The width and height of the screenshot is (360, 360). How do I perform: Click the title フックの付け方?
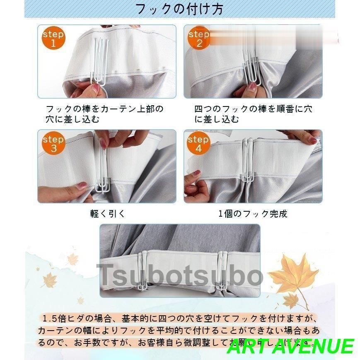(179, 9)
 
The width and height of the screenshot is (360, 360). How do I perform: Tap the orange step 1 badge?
(53, 38)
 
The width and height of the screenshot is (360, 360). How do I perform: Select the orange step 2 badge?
(199, 38)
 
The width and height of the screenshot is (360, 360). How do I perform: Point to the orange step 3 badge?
(53, 143)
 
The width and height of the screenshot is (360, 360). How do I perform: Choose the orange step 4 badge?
(198, 143)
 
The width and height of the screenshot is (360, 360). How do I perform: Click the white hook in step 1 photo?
(99, 62)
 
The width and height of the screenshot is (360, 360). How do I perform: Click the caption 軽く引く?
(107, 214)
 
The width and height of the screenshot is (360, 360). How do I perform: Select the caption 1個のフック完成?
(253, 214)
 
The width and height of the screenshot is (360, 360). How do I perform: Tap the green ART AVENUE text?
(290, 346)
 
